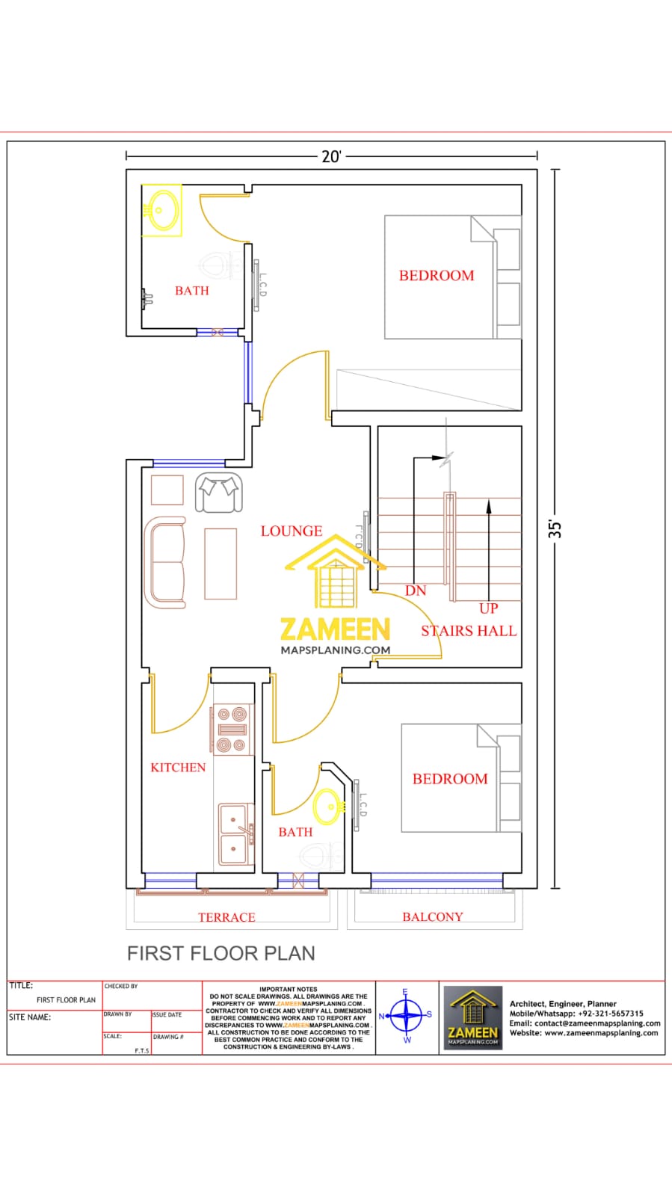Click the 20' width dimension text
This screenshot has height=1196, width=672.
331,156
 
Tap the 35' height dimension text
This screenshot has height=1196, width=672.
555,529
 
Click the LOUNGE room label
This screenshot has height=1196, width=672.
292,531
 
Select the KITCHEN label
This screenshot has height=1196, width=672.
178,767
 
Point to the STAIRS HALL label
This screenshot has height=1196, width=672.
469,631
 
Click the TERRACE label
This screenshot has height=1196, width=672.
226,917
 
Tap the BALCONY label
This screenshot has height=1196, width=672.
433,916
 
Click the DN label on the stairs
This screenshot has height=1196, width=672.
416,591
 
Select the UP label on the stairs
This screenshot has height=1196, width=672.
488,608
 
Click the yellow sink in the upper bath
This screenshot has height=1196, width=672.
163,209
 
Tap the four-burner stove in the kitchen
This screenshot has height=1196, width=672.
232,729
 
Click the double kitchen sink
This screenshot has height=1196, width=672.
235,834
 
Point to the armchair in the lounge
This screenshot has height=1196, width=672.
220,493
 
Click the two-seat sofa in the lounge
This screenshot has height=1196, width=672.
166,562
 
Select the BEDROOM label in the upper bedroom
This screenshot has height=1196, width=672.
437,275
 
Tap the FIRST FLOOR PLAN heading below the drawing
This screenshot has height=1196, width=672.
221,953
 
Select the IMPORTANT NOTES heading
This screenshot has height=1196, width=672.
289,989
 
